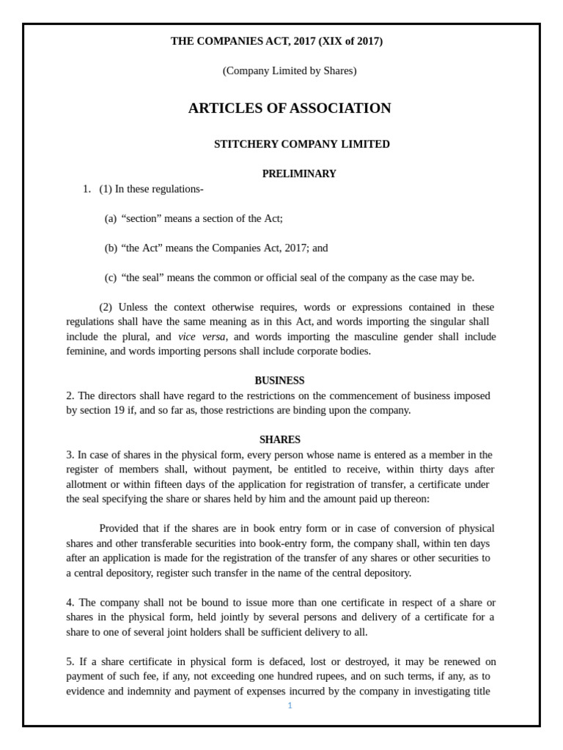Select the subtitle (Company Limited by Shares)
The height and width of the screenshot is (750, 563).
[x=290, y=71]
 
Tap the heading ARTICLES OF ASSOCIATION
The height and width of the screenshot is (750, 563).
[x=290, y=108]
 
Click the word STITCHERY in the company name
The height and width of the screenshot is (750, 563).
[x=243, y=144]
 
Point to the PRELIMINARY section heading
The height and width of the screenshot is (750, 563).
[x=299, y=174]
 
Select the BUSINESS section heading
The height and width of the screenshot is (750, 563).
[x=279, y=381]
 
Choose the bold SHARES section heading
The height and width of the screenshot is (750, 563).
[x=279, y=439]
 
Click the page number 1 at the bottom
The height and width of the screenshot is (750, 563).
[x=290, y=705]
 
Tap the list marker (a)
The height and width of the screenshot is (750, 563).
[x=111, y=218]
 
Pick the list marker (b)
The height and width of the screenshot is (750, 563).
[x=111, y=248]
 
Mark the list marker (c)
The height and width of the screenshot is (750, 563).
[x=111, y=278]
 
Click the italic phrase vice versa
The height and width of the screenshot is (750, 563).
[x=202, y=337]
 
